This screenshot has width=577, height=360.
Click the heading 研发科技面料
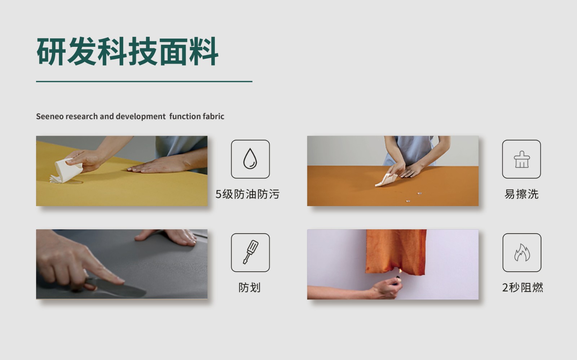[127, 52]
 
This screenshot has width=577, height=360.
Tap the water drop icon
[250, 159]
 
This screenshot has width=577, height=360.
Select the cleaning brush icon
[521, 159]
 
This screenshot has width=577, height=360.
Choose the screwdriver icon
[250, 252]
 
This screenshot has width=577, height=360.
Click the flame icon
[521, 252]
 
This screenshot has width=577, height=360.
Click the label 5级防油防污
[247, 194]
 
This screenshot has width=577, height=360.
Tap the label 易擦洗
[521, 194]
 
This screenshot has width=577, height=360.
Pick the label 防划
[249, 288]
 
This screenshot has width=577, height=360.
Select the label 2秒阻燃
[522, 288]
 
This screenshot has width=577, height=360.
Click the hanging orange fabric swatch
[396, 250]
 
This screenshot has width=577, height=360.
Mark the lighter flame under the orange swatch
[399, 271]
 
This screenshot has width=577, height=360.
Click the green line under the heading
[144, 81]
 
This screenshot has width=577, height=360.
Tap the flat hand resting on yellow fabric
[159, 166]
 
